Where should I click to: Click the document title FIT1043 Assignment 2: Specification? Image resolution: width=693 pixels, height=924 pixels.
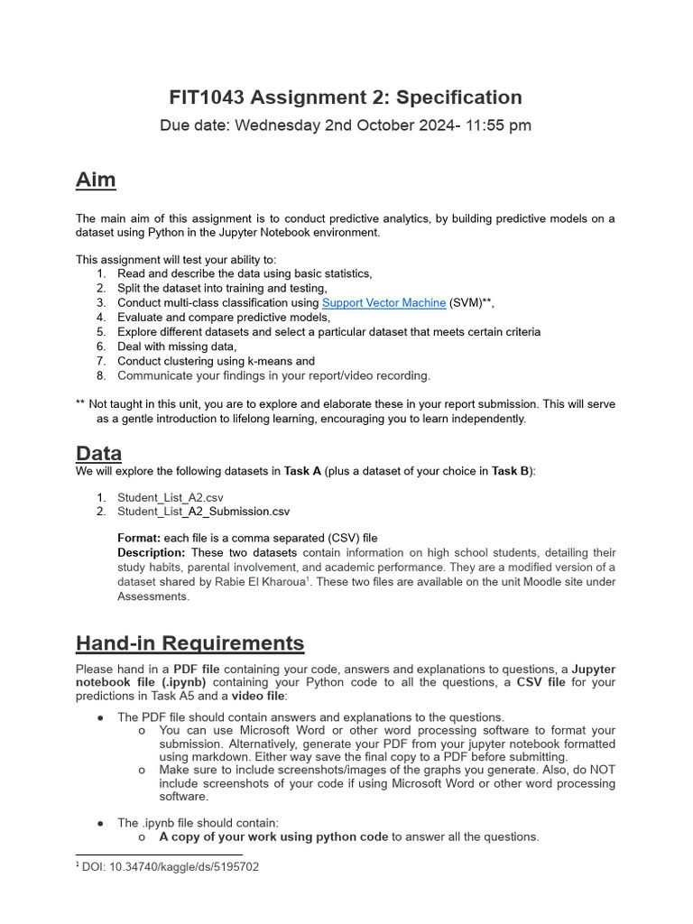point(346,97)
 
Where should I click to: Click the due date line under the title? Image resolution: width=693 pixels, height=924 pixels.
point(346,125)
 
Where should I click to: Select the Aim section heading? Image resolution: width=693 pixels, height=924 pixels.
point(96,180)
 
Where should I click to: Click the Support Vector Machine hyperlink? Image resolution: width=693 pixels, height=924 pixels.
point(383,303)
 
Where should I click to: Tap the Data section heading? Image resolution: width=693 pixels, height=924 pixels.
point(98,453)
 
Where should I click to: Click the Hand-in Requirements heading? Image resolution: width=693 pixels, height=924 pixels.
point(189,643)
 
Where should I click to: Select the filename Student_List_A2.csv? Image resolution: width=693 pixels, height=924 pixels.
point(170,497)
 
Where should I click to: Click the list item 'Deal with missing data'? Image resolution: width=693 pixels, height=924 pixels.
point(177,346)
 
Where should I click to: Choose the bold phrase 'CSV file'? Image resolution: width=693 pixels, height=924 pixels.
point(541,682)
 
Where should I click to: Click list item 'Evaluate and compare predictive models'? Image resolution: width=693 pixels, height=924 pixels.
point(223,318)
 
